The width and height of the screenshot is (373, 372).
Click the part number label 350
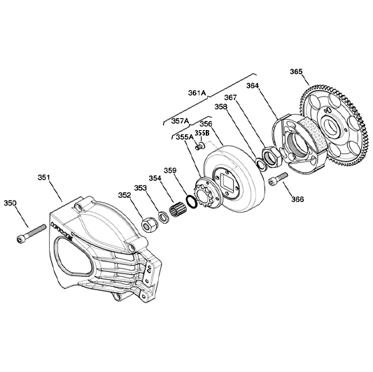(10, 203)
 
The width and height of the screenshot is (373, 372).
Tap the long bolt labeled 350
(31, 234)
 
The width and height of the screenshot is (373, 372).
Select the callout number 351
(44, 178)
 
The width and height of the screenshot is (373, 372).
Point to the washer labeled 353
(164, 217)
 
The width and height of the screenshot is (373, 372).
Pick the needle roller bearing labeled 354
(177, 208)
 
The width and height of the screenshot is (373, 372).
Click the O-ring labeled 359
(191, 201)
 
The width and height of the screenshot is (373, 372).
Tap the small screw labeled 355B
(201, 145)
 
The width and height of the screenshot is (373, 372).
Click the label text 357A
(180, 121)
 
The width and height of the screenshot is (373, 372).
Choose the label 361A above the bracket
(197, 93)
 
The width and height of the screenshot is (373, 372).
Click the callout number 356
(206, 124)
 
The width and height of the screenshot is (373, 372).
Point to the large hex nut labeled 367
(272, 157)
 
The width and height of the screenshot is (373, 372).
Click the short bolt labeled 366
(278, 179)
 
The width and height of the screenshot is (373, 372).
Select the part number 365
(297, 71)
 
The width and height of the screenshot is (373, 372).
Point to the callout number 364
(253, 85)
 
